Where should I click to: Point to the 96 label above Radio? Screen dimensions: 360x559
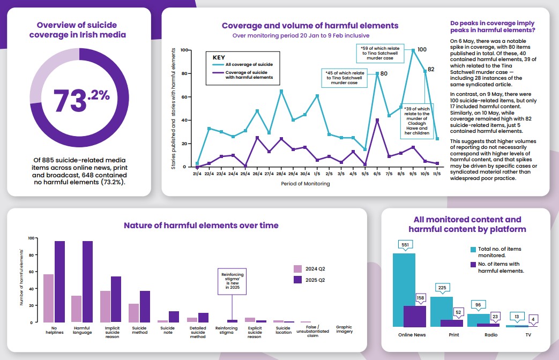click(x=478, y=305)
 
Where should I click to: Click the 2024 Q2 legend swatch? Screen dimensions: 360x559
click(x=298, y=269)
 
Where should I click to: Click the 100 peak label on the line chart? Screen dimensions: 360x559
click(x=422, y=50)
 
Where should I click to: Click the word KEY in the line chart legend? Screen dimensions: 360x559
click(x=219, y=57)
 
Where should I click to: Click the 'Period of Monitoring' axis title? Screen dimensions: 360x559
click(x=305, y=184)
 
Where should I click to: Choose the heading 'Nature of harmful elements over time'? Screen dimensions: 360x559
click(x=201, y=226)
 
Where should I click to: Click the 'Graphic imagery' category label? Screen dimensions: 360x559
click(x=344, y=329)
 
